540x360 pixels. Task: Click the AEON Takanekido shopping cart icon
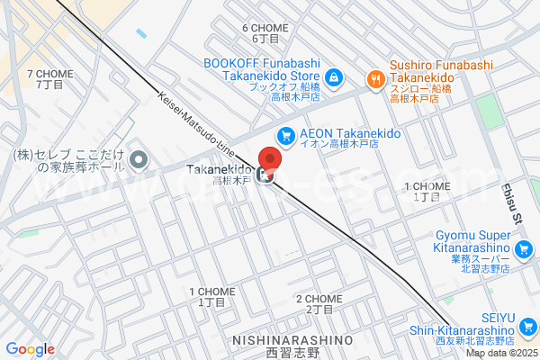[285, 135]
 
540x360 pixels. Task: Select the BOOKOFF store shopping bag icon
[334, 78]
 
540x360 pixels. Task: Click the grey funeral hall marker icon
[139, 161]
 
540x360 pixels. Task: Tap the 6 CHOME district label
[265, 33]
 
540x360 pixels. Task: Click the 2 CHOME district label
[319, 303]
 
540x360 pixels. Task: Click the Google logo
[30, 349]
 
